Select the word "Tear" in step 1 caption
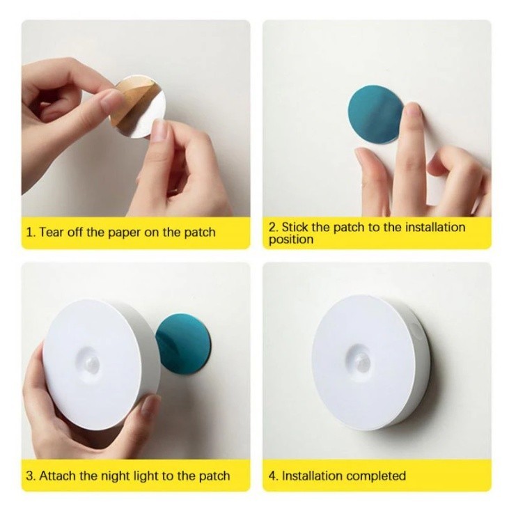click(x=52, y=233)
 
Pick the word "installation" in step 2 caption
click(x=435, y=227)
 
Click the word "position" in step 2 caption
click(x=291, y=240)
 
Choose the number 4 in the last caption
click(x=272, y=476)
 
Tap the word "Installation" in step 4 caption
click(x=312, y=476)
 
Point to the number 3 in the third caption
click(x=31, y=476)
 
